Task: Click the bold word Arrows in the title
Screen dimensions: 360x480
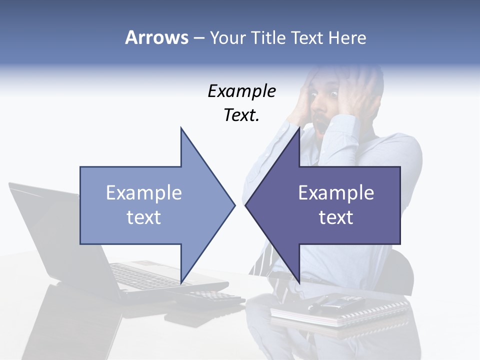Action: click(x=156, y=37)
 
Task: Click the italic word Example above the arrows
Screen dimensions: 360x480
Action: click(x=241, y=91)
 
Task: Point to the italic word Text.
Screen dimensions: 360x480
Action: click(x=241, y=115)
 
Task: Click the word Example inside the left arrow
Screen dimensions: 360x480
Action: click(x=144, y=193)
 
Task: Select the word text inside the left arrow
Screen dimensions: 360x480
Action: click(x=144, y=217)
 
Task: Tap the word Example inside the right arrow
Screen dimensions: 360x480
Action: click(x=336, y=193)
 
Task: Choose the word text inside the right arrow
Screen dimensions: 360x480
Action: click(x=336, y=217)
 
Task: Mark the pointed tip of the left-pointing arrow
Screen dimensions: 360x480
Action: click(x=246, y=205)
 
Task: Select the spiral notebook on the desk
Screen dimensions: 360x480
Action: click(x=340, y=310)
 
